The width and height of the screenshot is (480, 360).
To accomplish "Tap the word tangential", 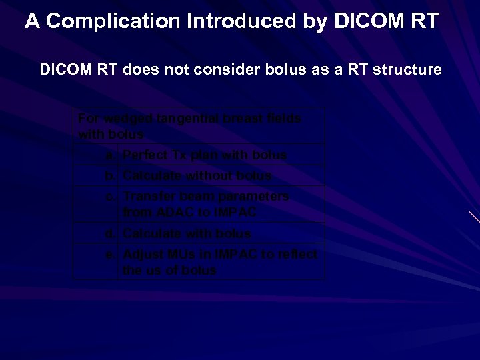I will pos(189,119).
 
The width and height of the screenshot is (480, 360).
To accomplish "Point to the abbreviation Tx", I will pos(179,155).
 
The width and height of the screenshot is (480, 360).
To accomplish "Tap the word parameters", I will pos(256,197).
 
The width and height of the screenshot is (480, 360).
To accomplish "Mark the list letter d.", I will pos(108,233).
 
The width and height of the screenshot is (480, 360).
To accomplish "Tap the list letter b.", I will pos(108,176).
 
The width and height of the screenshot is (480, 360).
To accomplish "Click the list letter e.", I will pos(108,255).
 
